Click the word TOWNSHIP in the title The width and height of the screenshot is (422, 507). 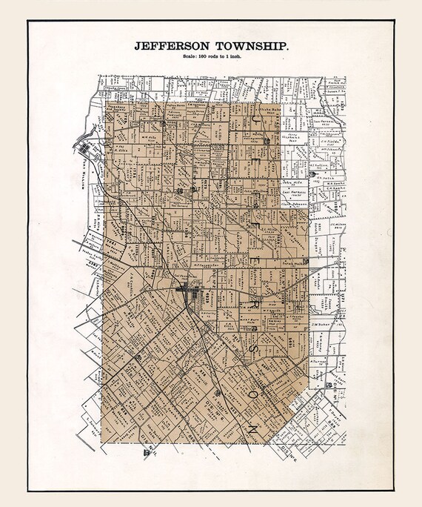(248, 46)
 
